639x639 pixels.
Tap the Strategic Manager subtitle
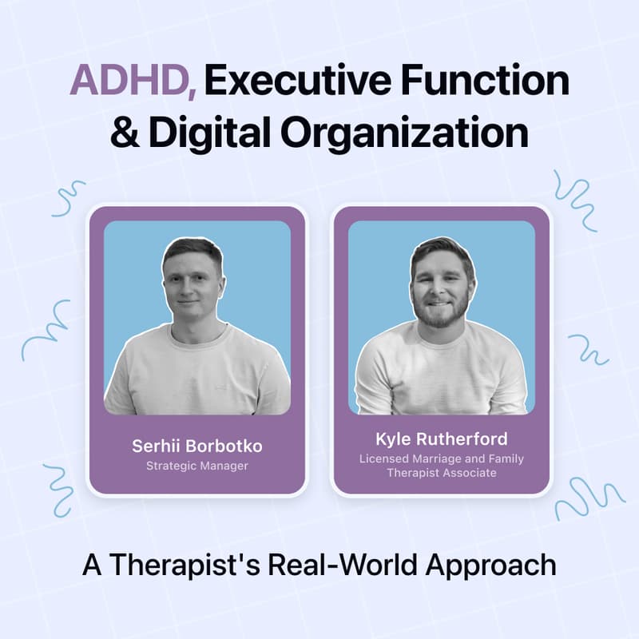tap(196, 466)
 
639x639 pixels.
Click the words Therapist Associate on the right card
tap(441, 473)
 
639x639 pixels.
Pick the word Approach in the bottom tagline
tap(498, 565)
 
